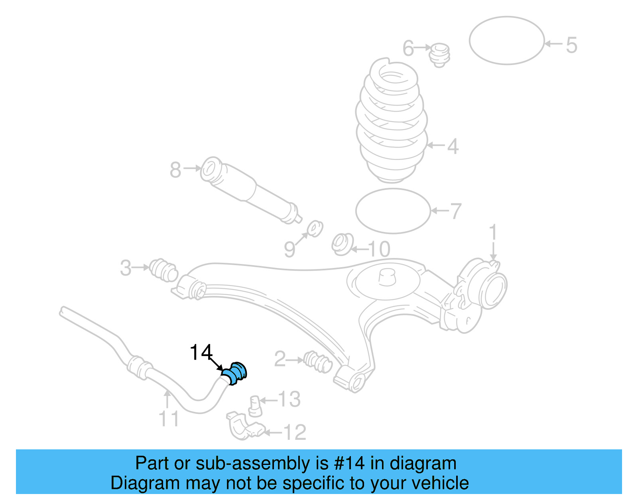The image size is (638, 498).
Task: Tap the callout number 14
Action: pos(201,352)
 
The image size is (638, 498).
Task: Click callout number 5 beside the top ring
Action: pos(571,45)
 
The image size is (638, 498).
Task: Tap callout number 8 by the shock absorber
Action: pos(175,170)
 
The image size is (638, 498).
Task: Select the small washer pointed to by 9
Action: pos(315,228)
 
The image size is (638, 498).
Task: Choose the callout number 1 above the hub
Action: pos(493,232)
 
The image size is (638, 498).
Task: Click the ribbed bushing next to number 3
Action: pos(163,270)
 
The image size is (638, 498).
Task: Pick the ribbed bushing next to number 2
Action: pos(317,361)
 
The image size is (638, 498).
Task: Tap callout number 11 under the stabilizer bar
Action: pos(169,419)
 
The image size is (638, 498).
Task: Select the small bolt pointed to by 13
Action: pos(255,405)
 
